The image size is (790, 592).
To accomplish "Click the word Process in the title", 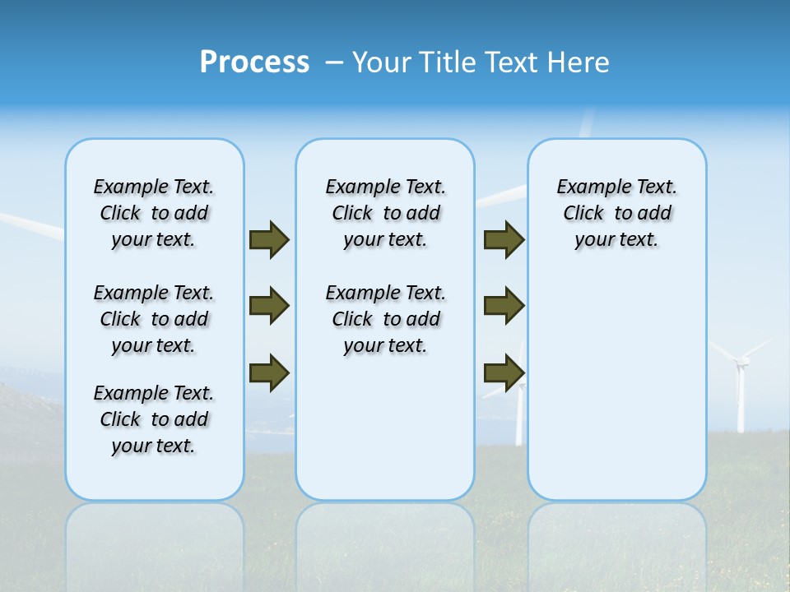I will click(254, 62).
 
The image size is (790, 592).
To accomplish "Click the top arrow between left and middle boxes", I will click(269, 239).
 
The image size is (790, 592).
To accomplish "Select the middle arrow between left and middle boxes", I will click(269, 306).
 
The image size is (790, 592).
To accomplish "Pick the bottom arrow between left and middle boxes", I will click(269, 372).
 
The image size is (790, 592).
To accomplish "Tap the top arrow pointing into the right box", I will click(504, 239).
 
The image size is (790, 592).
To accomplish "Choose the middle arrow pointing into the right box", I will click(504, 306).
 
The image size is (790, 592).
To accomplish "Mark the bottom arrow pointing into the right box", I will click(504, 373).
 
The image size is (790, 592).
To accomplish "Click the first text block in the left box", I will click(154, 213).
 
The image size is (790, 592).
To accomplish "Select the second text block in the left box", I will click(154, 319).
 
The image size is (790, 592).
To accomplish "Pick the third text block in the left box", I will click(154, 419).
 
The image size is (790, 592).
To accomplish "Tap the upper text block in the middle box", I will click(385, 213).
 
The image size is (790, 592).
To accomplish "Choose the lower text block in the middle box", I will click(385, 319).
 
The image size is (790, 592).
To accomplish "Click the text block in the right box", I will click(616, 213).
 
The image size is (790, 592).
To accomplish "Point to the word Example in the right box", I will click(588, 187).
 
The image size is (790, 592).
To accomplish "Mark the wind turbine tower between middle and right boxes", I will click(519, 411).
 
